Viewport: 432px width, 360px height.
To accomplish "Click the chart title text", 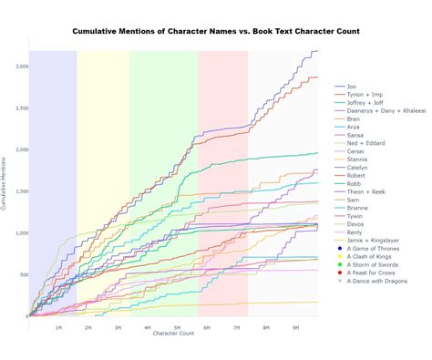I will point(216,31).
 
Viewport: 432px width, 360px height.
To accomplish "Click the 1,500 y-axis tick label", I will point(19,191).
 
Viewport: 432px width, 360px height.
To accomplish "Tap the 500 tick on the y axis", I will point(22,274).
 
